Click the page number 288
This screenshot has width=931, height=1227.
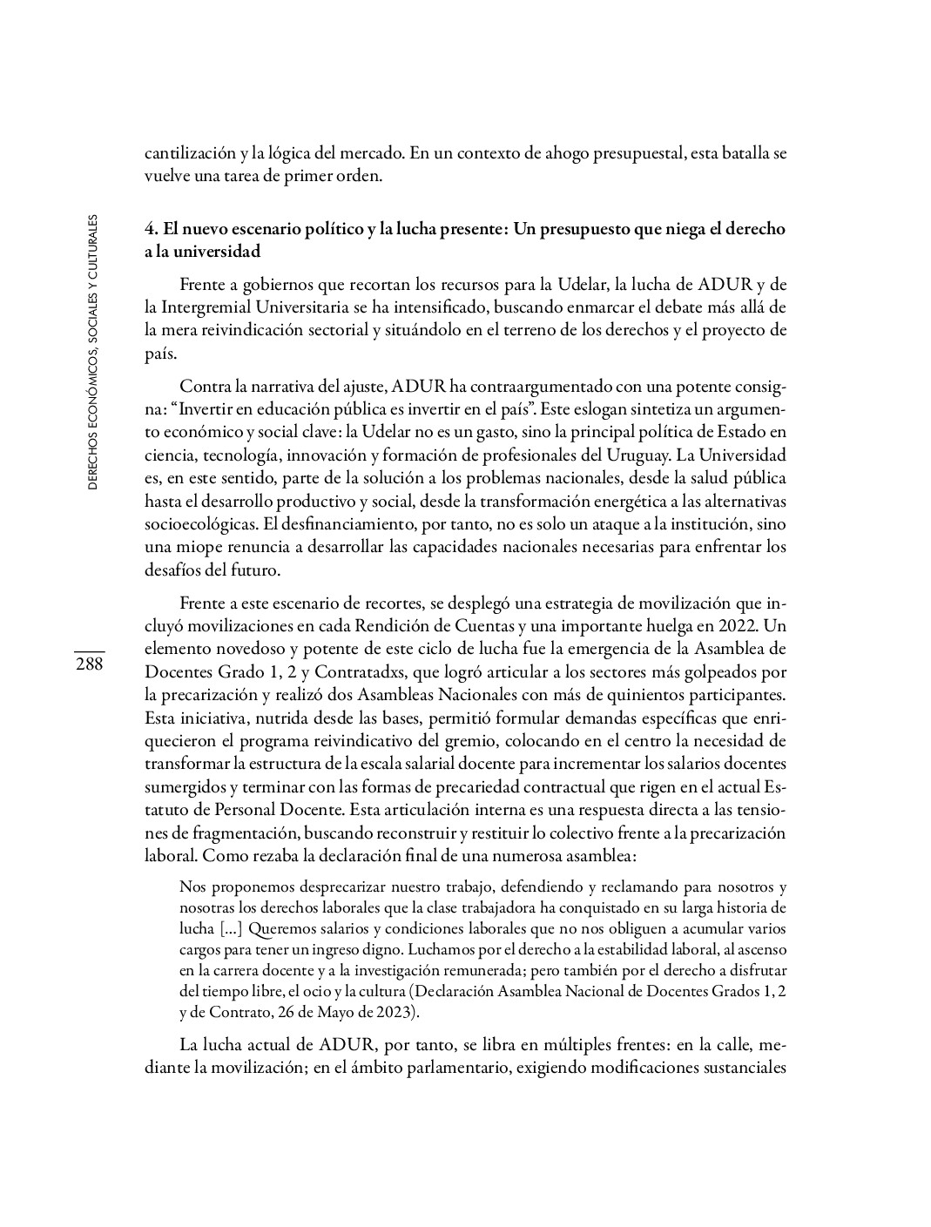[x=89, y=664]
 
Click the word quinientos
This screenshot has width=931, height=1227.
[x=654, y=696]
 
